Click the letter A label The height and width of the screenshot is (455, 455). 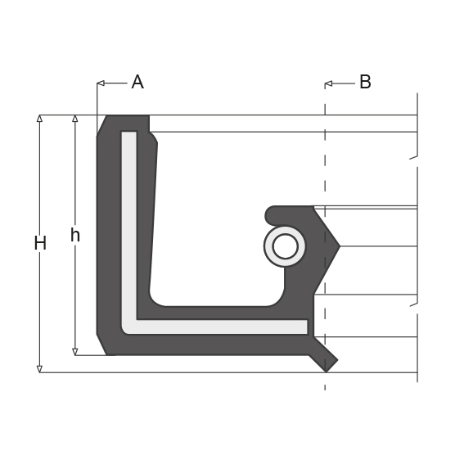point(137,82)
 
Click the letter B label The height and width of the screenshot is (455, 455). point(365,82)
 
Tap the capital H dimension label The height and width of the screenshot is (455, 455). point(40,243)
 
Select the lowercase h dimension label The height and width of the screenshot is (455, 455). point(75,235)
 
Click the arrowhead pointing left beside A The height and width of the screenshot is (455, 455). point(101,83)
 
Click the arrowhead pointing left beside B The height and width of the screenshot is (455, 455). point(328,83)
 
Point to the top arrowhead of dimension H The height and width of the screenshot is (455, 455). point(40,118)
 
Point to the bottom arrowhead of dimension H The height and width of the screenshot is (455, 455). point(40,369)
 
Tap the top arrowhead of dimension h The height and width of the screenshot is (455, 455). point(75,118)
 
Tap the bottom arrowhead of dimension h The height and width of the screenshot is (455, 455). point(75,352)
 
